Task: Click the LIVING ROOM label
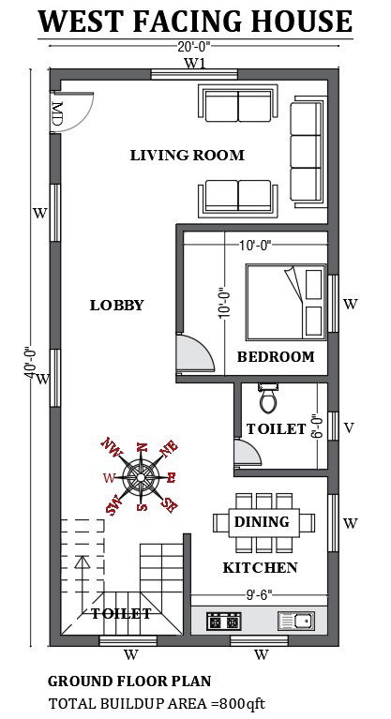tap(188, 155)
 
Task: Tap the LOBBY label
tap(116, 305)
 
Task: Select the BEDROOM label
tap(276, 357)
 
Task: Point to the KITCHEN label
tap(261, 568)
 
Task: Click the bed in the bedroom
tap(286, 302)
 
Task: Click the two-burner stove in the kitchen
tap(223, 622)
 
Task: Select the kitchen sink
tap(296, 621)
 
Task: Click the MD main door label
tap(57, 113)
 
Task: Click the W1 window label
tap(195, 64)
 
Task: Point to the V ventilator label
tap(349, 427)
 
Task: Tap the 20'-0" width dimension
tap(196, 46)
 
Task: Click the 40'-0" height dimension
tap(29, 363)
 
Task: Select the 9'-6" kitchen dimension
tap(260, 594)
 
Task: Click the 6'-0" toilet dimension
tap(315, 427)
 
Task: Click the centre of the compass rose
tap(141, 477)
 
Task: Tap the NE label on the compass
tap(169, 447)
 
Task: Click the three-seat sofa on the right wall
tap(308, 151)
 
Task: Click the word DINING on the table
tap(262, 521)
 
